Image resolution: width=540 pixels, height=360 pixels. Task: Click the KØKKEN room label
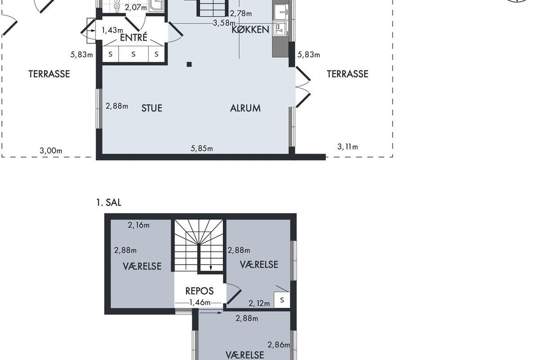pyautogui.click(x=250, y=29)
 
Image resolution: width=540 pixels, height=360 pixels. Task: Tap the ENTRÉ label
pyautogui.click(x=134, y=37)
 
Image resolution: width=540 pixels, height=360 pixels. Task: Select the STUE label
pyautogui.click(x=152, y=108)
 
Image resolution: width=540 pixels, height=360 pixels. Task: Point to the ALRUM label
pyautogui.click(x=245, y=108)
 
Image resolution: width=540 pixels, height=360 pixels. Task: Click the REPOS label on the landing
pyautogui.click(x=199, y=291)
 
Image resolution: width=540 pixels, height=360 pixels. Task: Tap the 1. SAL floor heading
pyautogui.click(x=109, y=202)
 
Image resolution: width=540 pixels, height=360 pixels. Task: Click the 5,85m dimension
pyautogui.click(x=202, y=148)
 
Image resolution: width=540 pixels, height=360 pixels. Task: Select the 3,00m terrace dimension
pyautogui.click(x=51, y=151)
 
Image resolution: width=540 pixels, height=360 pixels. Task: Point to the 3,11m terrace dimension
pyautogui.click(x=347, y=147)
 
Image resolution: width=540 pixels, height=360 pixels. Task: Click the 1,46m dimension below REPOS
pyautogui.click(x=200, y=302)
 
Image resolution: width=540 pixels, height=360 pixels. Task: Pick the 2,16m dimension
pyautogui.click(x=139, y=225)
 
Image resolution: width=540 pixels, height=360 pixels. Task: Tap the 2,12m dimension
pyautogui.click(x=259, y=303)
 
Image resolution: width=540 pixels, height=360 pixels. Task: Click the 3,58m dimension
pyautogui.click(x=224, y=23)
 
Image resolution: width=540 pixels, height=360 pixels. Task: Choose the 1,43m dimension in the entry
pyautogui.click(x=112, y=30)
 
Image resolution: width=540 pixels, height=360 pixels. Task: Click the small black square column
pyautogui.click(x=189, y=64)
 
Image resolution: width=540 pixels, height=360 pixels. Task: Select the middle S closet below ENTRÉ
pyautogui.click(x=133, y=54)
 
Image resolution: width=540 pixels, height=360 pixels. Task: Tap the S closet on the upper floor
pyautogui.click(x=282, y=300)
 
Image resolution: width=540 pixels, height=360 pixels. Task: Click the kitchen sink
pyautogui.click(x=281, y=11)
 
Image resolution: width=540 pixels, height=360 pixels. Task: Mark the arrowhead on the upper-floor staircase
pyautogui.click(x=211, y=268)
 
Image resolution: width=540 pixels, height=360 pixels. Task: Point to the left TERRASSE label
pyautogui.click(x=49, y=74)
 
